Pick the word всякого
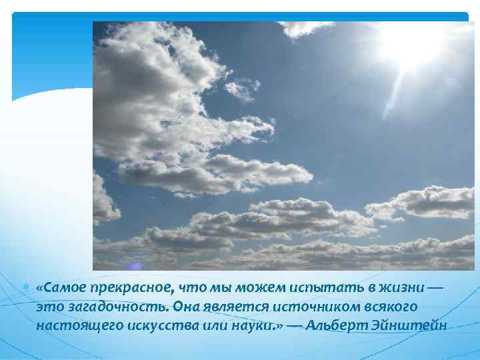click(x=390, y=307)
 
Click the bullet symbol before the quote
click(x=25, y=287)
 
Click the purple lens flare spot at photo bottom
click(x=135, y=265)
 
